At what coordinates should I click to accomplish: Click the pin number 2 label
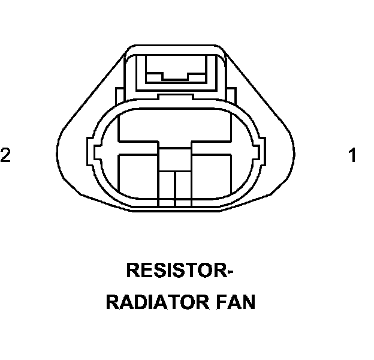[x=6, y=155]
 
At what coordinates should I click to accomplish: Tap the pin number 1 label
[x=353, y=156]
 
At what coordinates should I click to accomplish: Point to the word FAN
[x=235, y=302]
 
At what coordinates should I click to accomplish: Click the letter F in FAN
[x=219, y=302]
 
